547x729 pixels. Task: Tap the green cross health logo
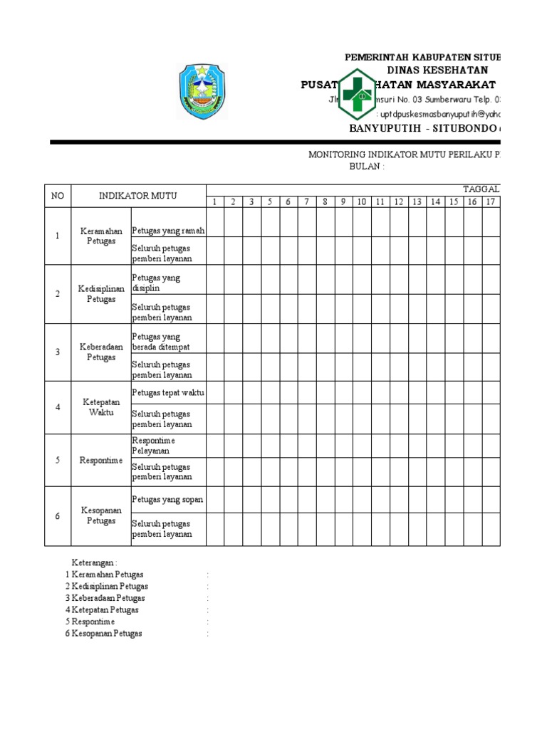pos(356,93)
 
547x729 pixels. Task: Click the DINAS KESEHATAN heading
pos(437,70)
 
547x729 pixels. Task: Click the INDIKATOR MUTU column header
pos(138,196)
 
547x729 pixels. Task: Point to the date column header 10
pos(362,202)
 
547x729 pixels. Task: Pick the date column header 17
pos(490,202)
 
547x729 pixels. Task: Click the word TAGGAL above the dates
pos(481,189)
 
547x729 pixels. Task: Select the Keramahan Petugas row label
pos(101,236)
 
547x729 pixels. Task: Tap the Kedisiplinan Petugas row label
pos(101,294)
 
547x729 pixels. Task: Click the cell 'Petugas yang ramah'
pos(168,230)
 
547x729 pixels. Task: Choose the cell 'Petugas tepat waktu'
pos(168,392)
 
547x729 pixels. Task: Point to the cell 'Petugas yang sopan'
pos(167,499)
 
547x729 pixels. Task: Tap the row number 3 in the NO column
pos(58,352)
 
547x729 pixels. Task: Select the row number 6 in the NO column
pos(58,516)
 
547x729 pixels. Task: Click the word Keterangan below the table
pos(93,562)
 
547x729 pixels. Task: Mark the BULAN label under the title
pos(366,167)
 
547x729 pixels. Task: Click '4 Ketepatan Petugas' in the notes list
pos(102,609)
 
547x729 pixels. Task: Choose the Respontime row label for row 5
pos(101,461)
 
